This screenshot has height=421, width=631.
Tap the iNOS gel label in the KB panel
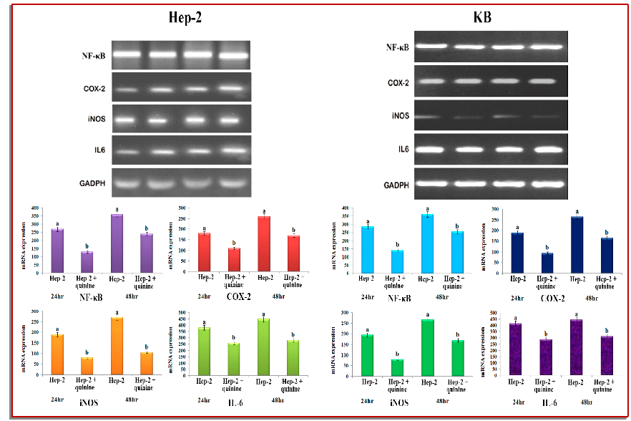tap(398, 117)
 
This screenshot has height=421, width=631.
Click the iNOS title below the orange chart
tap(92, 402)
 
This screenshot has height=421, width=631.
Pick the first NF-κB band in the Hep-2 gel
tap(129, 54)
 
